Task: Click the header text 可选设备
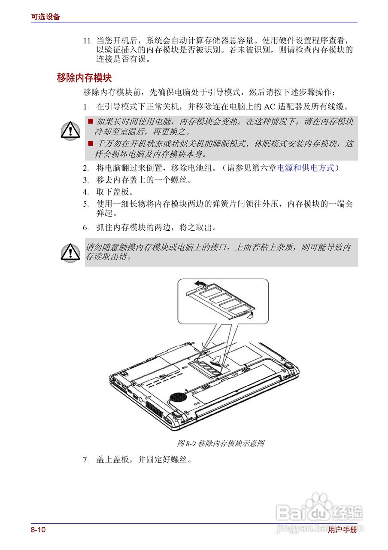tap(45, 17)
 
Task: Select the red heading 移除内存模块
tap(84, 78)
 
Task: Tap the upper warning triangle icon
tap(70, 130)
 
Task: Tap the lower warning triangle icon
tap(70, 252)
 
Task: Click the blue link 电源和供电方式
tap(305, 168)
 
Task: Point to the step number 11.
tap(88, 41)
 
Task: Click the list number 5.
tap(86, 204)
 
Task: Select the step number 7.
tap(86, 460)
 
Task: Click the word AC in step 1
tap(270, 106)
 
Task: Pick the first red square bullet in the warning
tap(91, 122)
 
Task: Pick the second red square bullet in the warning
tap(91, 143)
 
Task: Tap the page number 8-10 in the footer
tap(38, 530)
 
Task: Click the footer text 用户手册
tap(342, 530)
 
